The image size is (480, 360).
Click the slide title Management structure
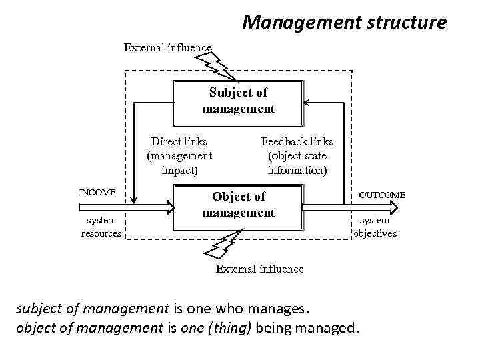click(x=344, y=23)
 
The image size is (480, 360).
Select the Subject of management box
click(x=238, y=101)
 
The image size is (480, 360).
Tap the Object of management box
click(x=238, y=205)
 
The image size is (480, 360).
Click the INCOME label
click(x=97, y=193)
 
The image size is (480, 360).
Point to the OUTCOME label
click(x=381, y=194)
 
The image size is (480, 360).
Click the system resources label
click(x=101, y=227)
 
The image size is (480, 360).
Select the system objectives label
click(x=375, y=227)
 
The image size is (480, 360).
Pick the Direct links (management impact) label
click(x=179, y=155)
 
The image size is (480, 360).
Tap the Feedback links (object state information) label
click(x=297, y=155)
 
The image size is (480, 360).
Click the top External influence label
click(x=167, y=47)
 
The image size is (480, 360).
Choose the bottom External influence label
click(x=260, y=269)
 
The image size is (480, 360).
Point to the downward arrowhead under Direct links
click(x=134, y=198)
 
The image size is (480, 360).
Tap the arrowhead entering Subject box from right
click(x=307, y=103)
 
